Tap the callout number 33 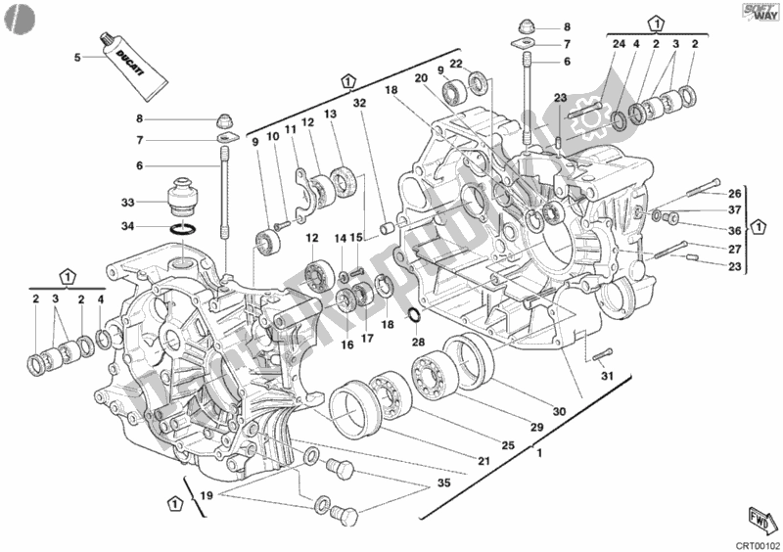pyautogui.click(x=128, y=203)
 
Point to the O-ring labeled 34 pyautogui.click(x=184, y=231)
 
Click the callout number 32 pyautogui.click(x=359, y=103)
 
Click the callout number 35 pyautogui.click(x=444, y=483)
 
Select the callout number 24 pyautogui.click(x=618, y=44)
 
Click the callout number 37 pyautogui.click(x=735, y=209)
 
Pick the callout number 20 pyautogui.click(x=420, y=79)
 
